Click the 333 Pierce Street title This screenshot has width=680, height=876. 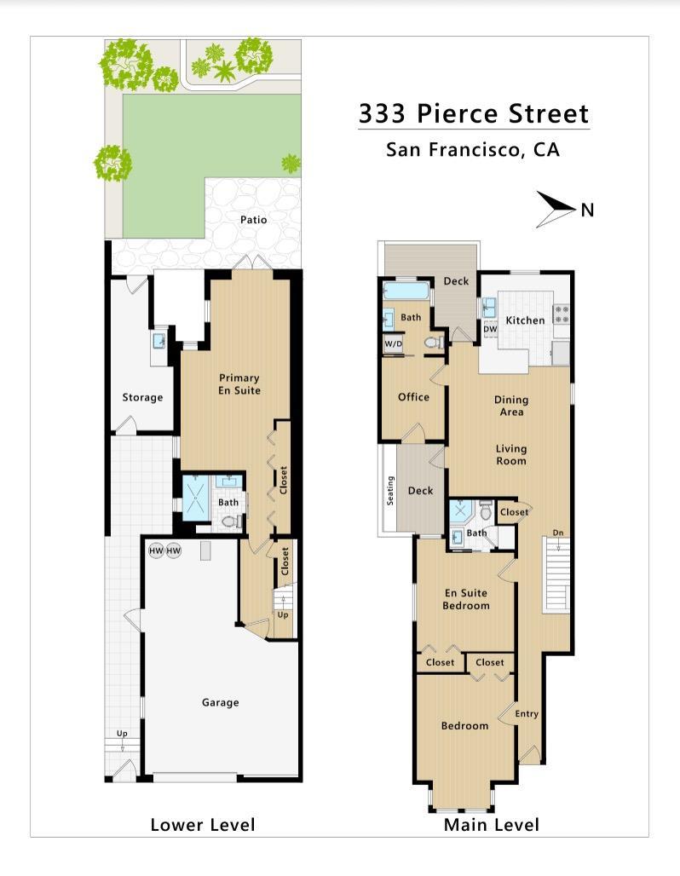point(473,113)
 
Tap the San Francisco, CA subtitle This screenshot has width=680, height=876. point(473,151)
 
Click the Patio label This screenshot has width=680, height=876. point(253,220)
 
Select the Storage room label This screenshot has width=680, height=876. point(142,397)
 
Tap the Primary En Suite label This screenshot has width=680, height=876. point(239,383)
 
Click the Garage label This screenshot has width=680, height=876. point(220,703)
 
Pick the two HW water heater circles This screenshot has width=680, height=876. point(165,551)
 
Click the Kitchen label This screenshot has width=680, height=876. point(525,320)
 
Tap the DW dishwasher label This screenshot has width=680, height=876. point(490,330)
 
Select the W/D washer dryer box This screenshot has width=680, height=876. point(394,344)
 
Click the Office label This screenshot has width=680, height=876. point(413,397)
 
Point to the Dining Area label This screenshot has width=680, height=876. point(511,406)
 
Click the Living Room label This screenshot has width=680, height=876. point(511,455)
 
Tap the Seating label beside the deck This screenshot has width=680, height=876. point(391,490)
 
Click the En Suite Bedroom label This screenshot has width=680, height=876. point(466,599)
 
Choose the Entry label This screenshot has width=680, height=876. point(527,714)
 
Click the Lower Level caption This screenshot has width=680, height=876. point(203,824)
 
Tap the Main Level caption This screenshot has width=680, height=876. point(492,824)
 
